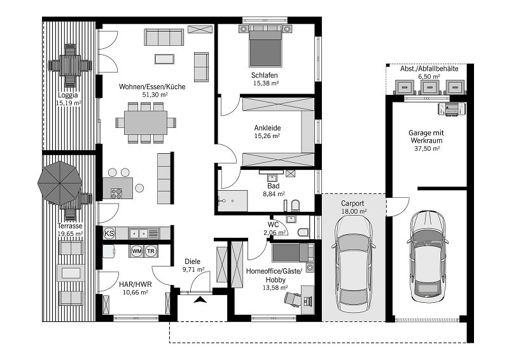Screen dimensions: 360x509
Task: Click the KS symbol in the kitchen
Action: pyautogui.click(x=109, y=233)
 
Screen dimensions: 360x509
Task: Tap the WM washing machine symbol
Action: pyautogui.click(x=137, y=251)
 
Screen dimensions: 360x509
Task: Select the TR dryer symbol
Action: pyautogui.click(x=151, y=251)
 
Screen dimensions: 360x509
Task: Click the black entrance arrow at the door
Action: pyautogui.click(x=202, y=299)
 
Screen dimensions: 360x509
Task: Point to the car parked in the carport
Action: pyautogui.click(x=354, y=263)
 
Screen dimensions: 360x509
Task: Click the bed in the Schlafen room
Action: pyautogui.click(x=264, y=46)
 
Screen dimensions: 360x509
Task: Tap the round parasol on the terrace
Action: pyautogui.click(x=60, y=183)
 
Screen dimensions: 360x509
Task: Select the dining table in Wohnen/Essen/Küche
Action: pyautogui.click(x=146, y=122)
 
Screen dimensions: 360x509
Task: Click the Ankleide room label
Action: pyautogui.click(x=267, y=127)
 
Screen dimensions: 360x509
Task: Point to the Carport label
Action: pyautogui.click(x=352, y=204)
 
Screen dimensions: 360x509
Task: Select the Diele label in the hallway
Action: pyautogui.click(x=192, y=261)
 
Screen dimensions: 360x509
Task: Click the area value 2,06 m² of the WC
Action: pyautogui.click(x=275, y=233)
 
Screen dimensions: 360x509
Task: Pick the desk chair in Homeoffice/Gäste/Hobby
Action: pyautogui.click(x=293, y=298)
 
